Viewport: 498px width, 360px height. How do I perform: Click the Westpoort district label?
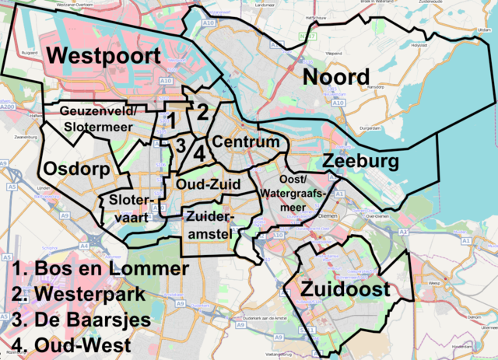(x=103, y=57)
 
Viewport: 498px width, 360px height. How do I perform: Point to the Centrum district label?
(x=246, y=143)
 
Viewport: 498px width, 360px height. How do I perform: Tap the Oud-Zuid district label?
(x=208, y=184)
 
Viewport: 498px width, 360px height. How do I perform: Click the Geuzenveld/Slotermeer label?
(x=99, y=119)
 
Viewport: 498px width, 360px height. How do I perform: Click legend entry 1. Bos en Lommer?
(x=100, y=270)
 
